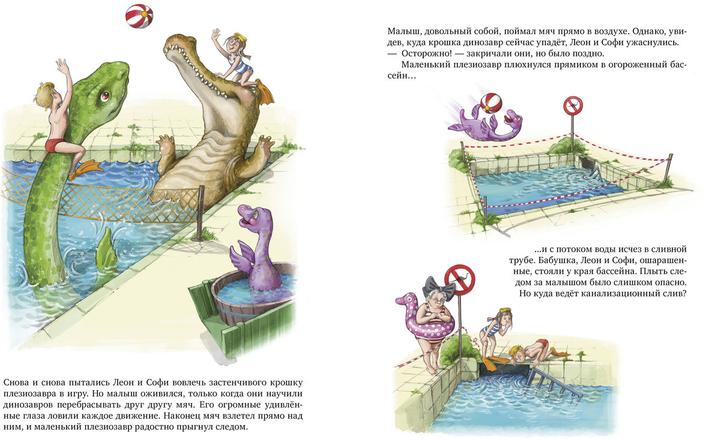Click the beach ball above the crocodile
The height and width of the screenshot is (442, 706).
[139, 16]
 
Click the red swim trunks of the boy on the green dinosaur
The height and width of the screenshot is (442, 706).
[56, 145]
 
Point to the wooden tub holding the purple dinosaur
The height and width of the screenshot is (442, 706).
[252, 297]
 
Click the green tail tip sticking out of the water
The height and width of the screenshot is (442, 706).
[106, 247]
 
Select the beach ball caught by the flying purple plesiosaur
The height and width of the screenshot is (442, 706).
[491, 105]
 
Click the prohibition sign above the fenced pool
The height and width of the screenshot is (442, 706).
[573, 106]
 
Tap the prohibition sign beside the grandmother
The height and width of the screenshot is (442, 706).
[459, 280]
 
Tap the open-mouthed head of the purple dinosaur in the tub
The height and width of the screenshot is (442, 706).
[249, 217]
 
